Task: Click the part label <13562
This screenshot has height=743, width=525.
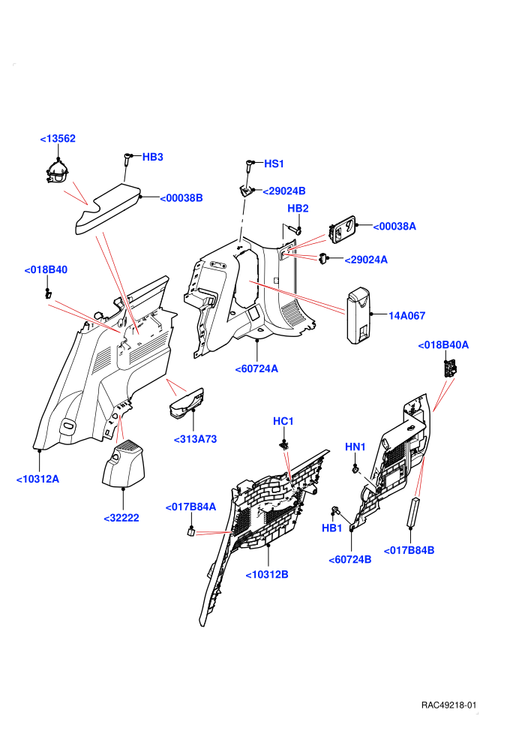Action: [58, 138]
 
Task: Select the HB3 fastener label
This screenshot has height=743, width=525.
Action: [152, 157]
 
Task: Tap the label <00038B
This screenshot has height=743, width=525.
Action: [181, 198]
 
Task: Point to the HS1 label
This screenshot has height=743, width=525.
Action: [274, 164]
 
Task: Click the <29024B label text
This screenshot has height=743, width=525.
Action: [284, 191]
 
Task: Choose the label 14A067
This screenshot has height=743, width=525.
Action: [406, 315]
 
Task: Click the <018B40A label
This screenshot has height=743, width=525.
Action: [443, 345]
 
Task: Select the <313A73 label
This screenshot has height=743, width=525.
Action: [195, 439]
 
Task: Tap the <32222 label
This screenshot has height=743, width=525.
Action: [121, 518]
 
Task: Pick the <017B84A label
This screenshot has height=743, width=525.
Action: [190, 507]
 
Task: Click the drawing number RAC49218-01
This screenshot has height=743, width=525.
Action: [448, 705]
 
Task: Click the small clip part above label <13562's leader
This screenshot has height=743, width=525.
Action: [58, 173]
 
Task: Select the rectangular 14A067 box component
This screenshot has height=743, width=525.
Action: [359, 315]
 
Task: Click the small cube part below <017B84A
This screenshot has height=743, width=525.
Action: [190, 531]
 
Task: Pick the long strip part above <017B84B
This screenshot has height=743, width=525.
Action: [414, 512]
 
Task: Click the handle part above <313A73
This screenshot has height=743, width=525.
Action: [187, 404]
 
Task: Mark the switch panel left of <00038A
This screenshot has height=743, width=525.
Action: [342, 229]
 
